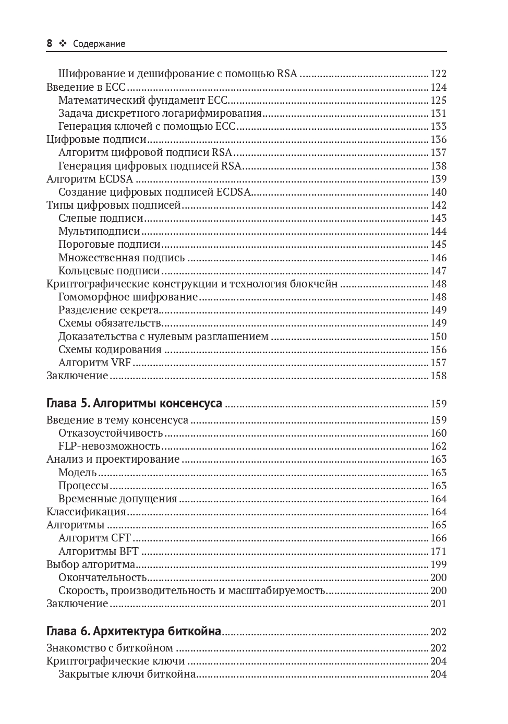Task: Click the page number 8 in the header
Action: (49, 44)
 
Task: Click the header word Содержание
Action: (99, 44)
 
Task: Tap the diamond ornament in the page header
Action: (63, 44)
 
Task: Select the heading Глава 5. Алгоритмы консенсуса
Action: (134, 403)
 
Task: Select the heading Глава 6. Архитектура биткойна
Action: (134, 631)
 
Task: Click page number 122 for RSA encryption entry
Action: (438, 74)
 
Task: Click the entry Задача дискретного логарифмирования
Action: (160, 113)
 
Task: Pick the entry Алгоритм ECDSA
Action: (89, 179)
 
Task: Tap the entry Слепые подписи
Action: (101, 218)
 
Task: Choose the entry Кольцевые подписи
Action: (109, 271)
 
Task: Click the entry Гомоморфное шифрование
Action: (128, 297)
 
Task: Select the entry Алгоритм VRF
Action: (94, 363)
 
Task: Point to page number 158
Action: (438, 376)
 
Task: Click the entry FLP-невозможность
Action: (109, 446)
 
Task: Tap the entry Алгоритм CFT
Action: (94, 538)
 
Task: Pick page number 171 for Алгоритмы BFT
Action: (438, 551)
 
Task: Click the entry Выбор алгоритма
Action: (91, 564)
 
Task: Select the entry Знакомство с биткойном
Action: (110, 648)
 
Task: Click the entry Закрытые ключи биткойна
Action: (127, 674)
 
